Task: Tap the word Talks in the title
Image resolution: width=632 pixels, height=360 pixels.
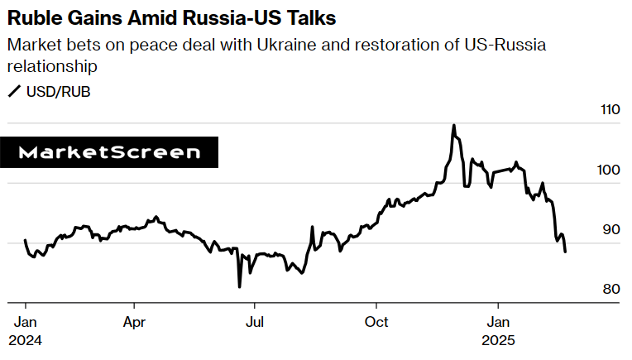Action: pyautogui.click(x=309, y=17)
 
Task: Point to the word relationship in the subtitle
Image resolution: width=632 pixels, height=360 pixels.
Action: pyautogui.click(x=54, y=65)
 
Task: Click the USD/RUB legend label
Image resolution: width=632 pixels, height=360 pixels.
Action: pyautogui.click(x=58, y=91)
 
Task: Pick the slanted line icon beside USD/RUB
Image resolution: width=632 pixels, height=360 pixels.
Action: pyautogui.click(x=14, y=91)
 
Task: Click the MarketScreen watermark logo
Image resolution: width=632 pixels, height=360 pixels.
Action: pyautogui.click(x=109, y=152)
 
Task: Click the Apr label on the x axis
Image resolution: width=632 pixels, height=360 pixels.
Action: pyautogui.click(x=134, y=323)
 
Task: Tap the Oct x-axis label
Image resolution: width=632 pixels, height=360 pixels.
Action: pyautogui.click(x=376, y=323)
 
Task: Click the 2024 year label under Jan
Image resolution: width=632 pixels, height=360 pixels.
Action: pyautogui.click(x=25, y=340)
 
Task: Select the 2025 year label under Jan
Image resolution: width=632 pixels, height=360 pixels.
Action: pyautogui.click(x=499, y=340)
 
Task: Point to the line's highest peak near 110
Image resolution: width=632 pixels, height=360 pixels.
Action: pyautogui.click(x=453, y=126)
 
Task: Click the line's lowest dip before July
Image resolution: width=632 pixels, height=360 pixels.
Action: pyautogui.click(x=239, y=286)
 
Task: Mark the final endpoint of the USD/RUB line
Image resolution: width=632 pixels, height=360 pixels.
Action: pyautogui.click(x=565, y=252)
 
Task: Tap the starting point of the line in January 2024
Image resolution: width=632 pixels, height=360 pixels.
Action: pyautogui.click(x=25, y=240)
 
